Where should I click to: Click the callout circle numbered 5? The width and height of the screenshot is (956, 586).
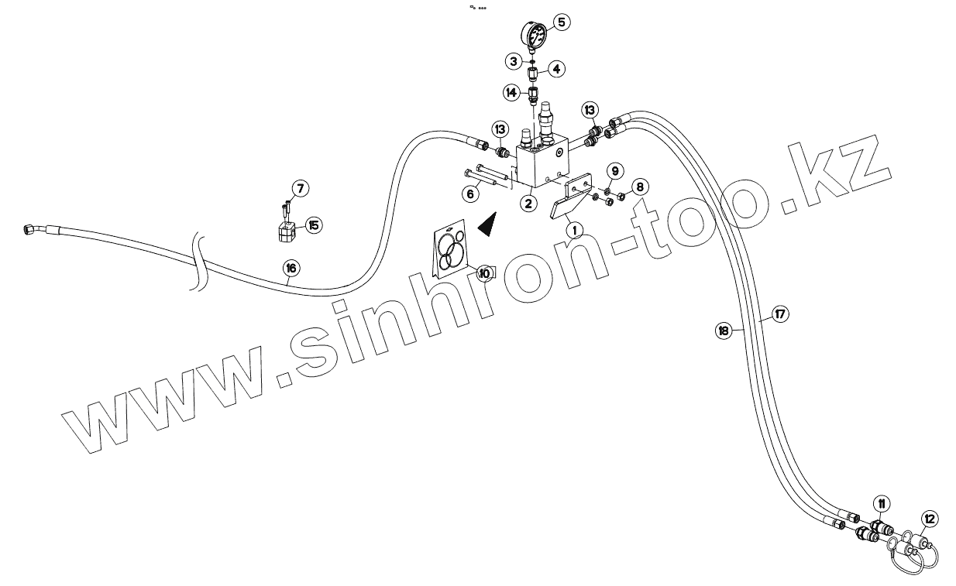[561, 22]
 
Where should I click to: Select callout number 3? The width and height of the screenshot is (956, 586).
[514, 60]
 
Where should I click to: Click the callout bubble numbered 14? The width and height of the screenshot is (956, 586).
[511, 92]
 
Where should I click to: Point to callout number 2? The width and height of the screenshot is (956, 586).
[528, 204]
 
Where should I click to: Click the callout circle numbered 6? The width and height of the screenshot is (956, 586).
[469, 194]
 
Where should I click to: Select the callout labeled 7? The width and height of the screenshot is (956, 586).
[300, 188]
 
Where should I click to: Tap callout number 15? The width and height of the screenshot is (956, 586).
[313, 225]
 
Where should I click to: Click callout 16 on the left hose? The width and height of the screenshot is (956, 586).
[290, 269]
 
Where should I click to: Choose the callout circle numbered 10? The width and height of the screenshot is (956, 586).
[485, 272]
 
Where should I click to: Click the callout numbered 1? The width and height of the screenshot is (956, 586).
[574, 230]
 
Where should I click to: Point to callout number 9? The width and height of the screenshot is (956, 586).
[614, 170]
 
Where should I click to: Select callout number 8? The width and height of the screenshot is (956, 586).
[639, 187]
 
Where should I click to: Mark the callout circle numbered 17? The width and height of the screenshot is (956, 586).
[779, 314]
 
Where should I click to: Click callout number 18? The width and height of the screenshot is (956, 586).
[723, 331]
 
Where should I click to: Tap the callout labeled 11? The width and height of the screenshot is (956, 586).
[882, 504]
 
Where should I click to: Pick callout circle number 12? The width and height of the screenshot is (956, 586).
[930, 519]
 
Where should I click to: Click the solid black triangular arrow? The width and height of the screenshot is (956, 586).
[487, 225]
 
